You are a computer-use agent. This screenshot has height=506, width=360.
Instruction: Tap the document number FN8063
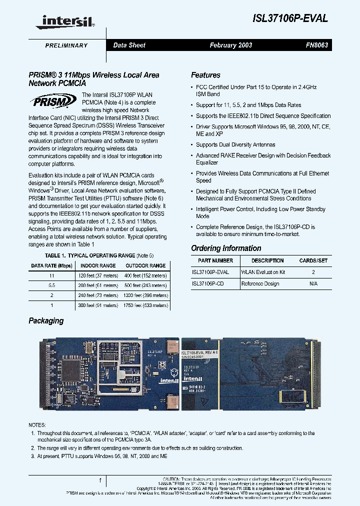tap(316, 45)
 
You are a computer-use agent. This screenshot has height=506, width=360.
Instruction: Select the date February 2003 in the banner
tap(230, 45)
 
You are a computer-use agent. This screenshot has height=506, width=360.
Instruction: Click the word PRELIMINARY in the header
tap(66, 45)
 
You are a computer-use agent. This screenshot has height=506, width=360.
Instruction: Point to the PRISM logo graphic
tap(54, 102)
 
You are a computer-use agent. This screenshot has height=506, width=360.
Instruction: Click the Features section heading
tap(205, 75)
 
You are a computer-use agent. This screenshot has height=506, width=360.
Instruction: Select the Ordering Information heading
tap(226, 248)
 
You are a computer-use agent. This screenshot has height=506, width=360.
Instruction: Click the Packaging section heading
tap(46, 320)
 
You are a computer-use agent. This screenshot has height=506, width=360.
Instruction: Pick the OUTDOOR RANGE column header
tap(145, 265)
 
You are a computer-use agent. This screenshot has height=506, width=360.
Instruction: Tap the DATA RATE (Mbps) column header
tap(51, 265)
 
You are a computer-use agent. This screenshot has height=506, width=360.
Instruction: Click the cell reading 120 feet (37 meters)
tap(98, 275)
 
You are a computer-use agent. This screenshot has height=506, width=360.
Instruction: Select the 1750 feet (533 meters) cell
tap(145, 304)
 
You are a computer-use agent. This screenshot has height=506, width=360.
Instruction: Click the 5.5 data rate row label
tap(51, 285)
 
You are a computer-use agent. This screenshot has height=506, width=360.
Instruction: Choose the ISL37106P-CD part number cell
tap(207, 283)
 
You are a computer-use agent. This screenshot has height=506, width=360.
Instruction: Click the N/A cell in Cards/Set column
tap(313, 283)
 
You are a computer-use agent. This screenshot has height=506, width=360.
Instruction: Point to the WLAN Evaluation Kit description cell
tap(263, 272)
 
